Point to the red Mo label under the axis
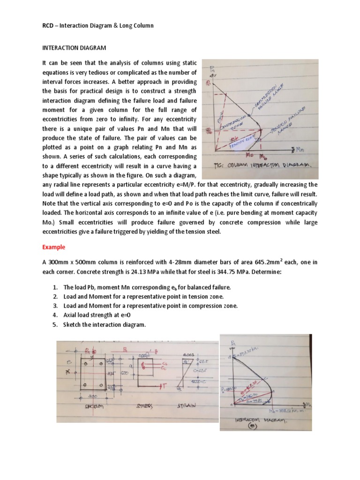click(250, 154)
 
